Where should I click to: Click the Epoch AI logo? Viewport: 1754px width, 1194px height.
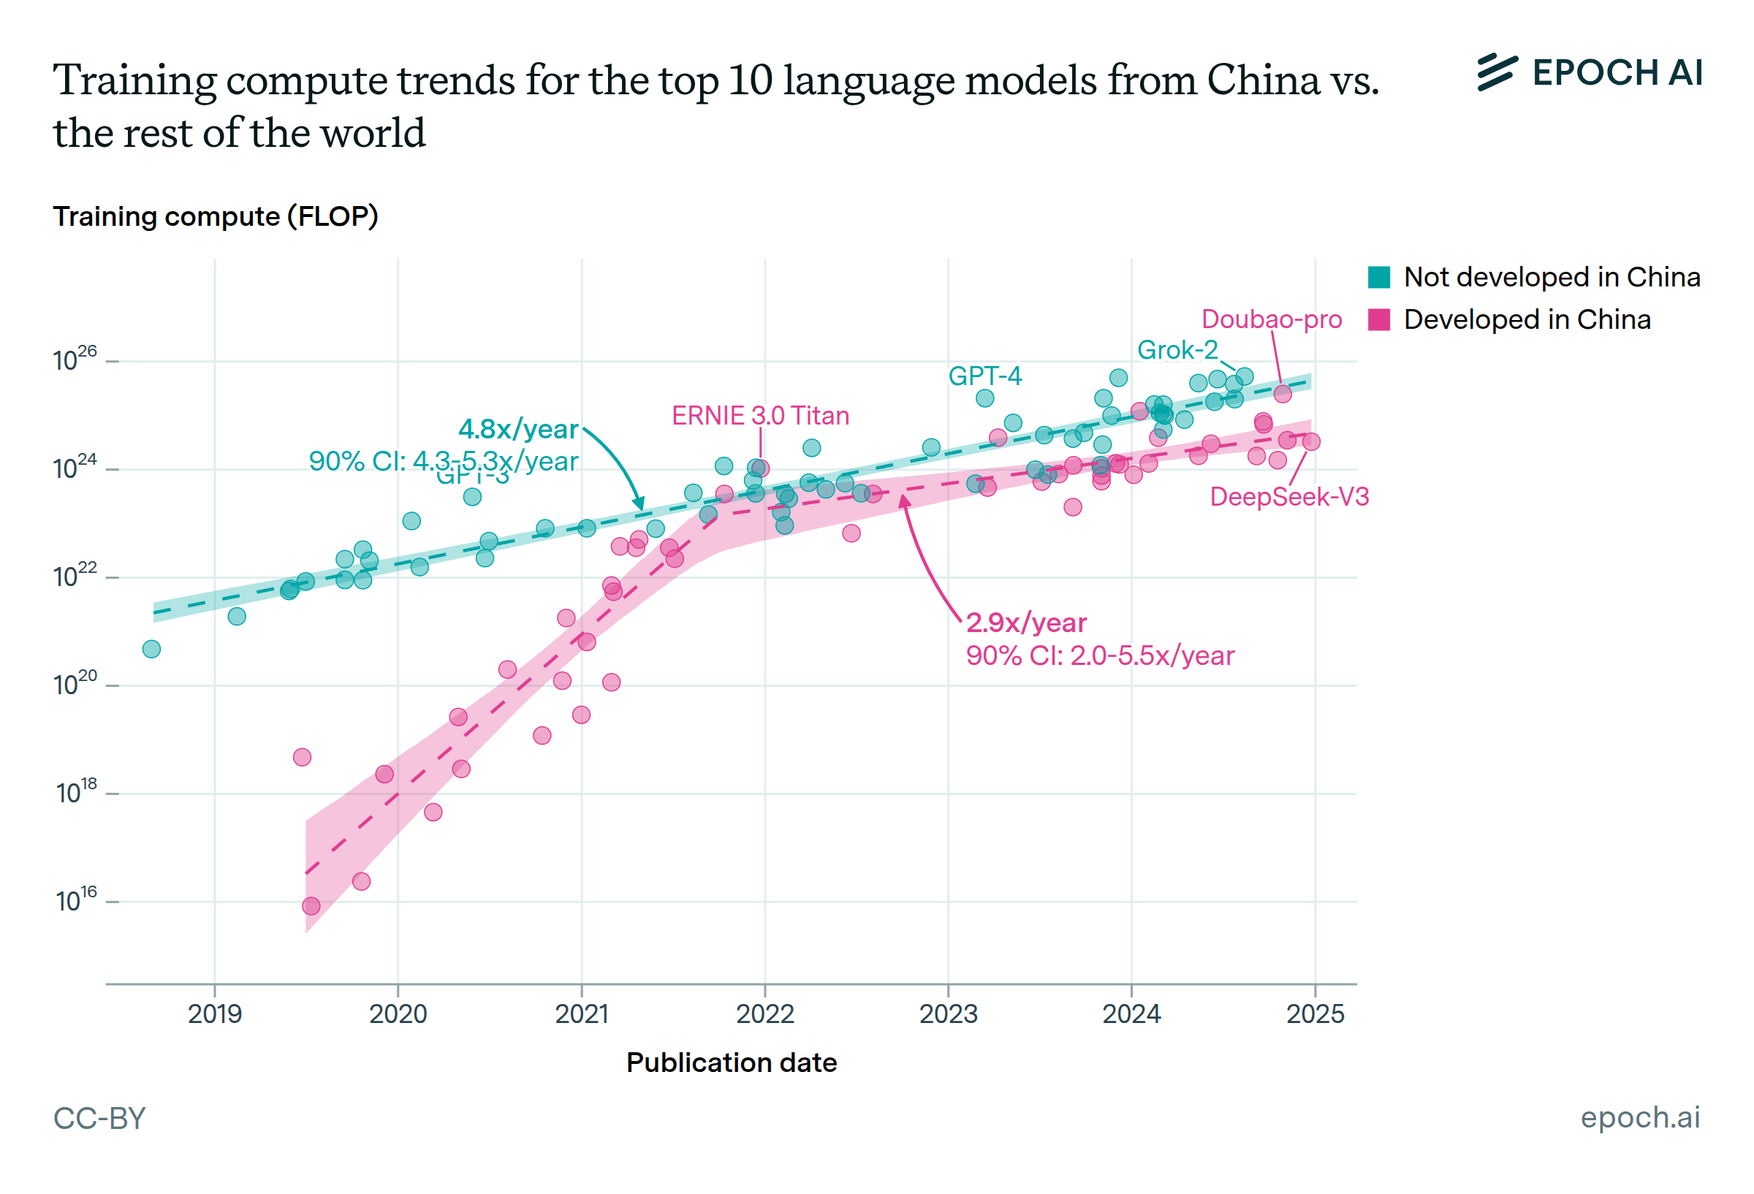tap(1589, 73)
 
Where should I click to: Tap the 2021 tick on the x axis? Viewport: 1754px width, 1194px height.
tap(581, 1014)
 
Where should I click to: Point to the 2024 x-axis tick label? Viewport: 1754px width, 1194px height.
tap(1131, 1014)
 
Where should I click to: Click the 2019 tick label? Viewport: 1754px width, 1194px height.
tap(214, 1014)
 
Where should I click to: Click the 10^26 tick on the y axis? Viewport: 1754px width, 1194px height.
tap(75, 360)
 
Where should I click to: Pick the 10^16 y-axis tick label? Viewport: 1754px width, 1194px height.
tap(76, 900)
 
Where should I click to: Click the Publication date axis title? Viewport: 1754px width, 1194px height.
tap(731, 1062)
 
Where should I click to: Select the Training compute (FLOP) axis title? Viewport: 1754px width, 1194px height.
tap(215, 216)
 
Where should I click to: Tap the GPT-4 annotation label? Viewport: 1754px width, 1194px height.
tap(984, 376)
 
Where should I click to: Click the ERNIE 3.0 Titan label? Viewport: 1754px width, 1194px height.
tap(760, 416)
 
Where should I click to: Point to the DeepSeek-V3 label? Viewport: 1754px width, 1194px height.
tap(1288, 497)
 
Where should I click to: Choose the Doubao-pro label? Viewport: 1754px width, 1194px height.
tap(1271, 319)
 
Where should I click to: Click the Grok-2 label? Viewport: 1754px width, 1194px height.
tap(1177, 350)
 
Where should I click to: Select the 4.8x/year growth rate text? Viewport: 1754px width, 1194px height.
tap(517, 430)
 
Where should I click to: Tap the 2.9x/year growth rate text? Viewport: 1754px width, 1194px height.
tap(1025, 623)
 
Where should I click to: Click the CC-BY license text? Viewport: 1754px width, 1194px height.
tap(99, 1119)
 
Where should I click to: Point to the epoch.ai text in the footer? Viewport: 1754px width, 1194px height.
tap(1639, 1117)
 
